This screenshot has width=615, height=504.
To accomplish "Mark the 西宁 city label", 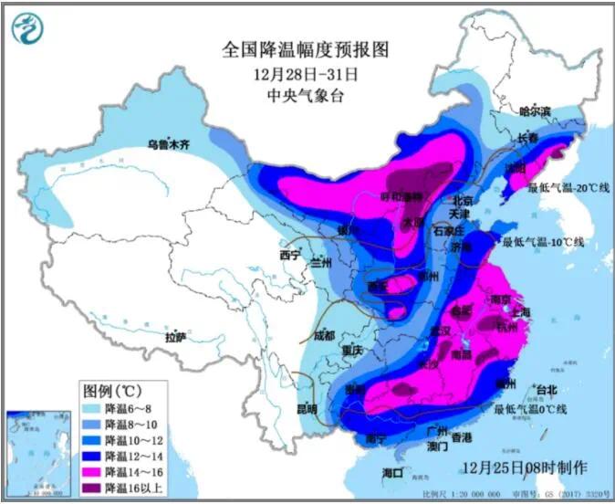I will tap(289, 255).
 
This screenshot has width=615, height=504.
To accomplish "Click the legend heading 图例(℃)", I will tap(115, 391).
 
